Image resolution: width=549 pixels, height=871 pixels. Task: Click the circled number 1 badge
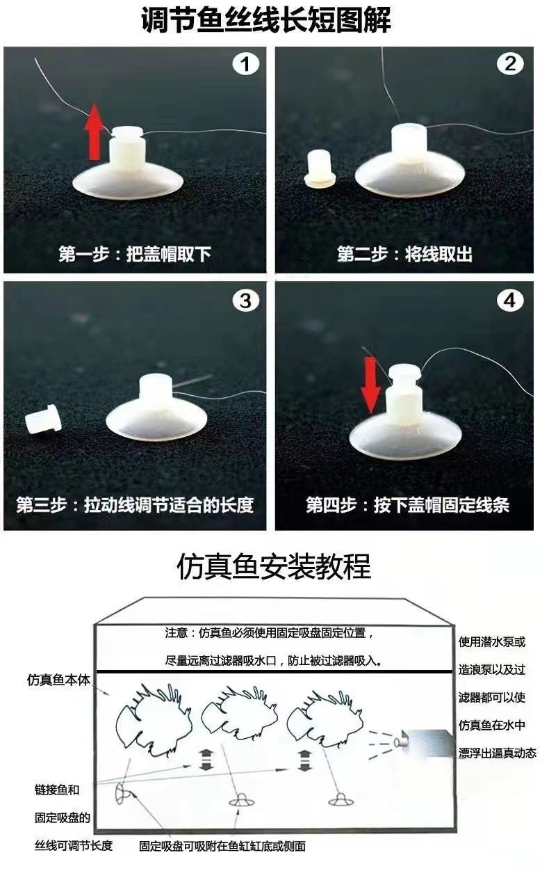245,65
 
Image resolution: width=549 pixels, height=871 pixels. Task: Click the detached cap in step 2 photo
321,169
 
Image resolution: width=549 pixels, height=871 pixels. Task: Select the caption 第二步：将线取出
404,254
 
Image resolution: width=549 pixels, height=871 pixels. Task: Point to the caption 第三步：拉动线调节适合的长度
135,504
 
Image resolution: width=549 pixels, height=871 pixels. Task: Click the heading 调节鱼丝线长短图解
265,21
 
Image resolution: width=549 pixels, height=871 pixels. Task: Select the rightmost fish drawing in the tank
325,715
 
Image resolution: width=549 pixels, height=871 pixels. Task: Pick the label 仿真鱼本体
59,680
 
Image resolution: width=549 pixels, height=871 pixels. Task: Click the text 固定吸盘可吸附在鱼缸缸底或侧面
222,847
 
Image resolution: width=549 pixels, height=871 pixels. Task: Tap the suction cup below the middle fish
241,800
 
